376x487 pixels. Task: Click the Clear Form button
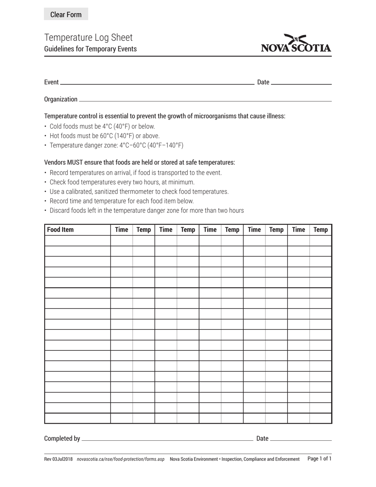[x=66, y=15]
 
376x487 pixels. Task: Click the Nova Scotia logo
[x=296, y=44]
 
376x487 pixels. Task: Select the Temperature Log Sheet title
[x=88, y=38]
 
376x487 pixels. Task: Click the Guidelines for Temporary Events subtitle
[x=90, y=49]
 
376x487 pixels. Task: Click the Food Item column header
[x=60, y=230]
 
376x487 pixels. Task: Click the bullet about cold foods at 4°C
[x=102, y=127]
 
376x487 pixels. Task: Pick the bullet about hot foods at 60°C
[x=104, y=136]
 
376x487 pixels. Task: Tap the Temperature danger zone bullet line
[x=116, y=145]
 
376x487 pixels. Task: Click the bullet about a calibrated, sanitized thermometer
[x=139, y=192]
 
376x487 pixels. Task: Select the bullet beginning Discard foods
[x=146, y=211]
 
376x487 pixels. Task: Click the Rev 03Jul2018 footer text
[x=58, y=459]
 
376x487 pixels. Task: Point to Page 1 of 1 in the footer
[x=319, y=459]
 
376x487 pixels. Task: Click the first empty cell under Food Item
[x=78, y=241]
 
